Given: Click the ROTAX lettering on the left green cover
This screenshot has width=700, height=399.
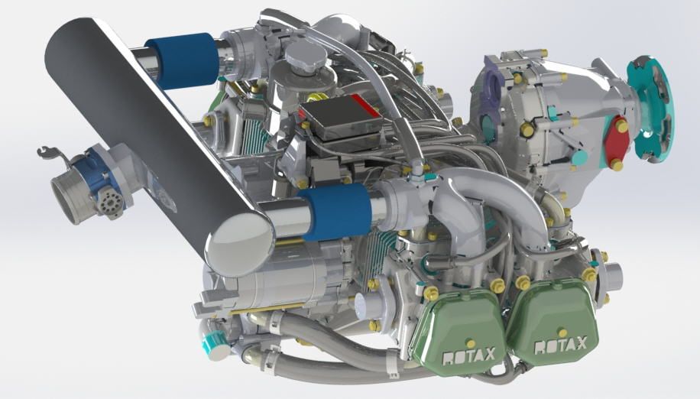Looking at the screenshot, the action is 468,355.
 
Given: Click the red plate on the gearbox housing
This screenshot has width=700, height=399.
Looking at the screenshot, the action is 617,141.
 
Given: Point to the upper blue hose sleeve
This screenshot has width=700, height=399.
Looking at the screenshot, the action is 182,60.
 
